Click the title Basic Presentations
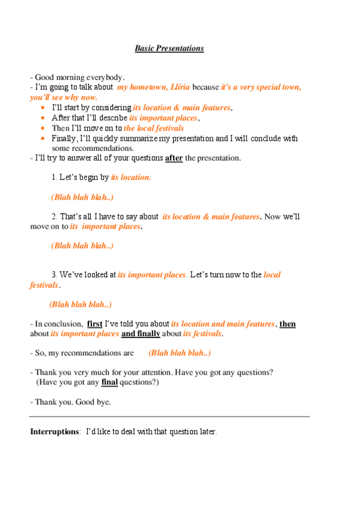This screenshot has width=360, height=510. click(169, 48)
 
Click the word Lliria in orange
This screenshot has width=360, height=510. click(179, 87)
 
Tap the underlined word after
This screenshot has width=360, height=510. click(174, 158)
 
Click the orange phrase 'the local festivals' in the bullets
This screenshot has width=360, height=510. click(154, 128)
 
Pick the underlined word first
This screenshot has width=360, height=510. click(95, 324)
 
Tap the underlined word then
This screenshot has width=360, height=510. click(287, 324)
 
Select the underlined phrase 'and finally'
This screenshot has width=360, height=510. click(141, 334)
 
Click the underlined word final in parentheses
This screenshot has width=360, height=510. click(109, 382)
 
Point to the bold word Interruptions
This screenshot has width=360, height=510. click(55, 432)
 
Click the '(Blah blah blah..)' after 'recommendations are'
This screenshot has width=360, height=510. click(179, 353)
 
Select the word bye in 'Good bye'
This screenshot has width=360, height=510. click(103, 402)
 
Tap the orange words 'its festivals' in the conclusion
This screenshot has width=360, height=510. click(203, 334)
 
